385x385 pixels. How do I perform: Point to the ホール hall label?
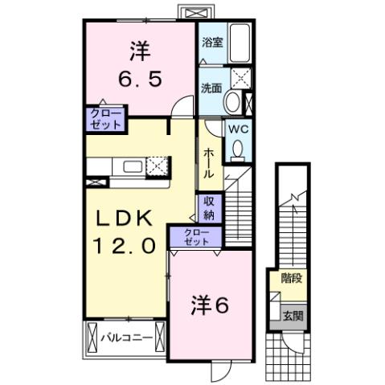click(x=208, y=163)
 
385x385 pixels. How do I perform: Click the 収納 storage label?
click(x=209, y=208)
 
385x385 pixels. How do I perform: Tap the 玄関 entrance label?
click(x=293, y=316)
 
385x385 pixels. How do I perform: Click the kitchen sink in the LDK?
click(x=132, y=167)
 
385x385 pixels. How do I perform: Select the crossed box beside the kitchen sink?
click(x=157, y=166)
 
